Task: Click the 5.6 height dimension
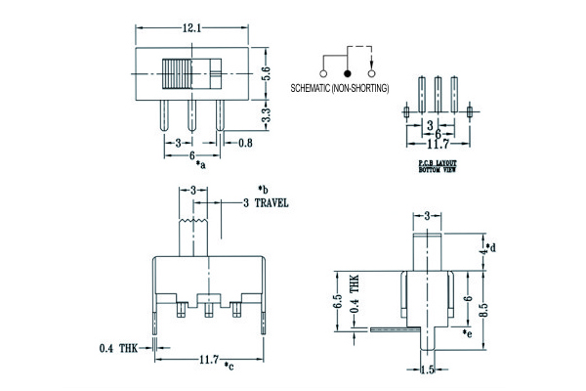pyautogui.click(x=265, y=71)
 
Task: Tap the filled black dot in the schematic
pyautogui.click(x=346, y=72)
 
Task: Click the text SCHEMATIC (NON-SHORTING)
pyautogui.click(x=340, y=89)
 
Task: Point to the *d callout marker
pyautogui.click(x=492, y=247)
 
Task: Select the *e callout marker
pyautogui.click(x=468, y=334)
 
